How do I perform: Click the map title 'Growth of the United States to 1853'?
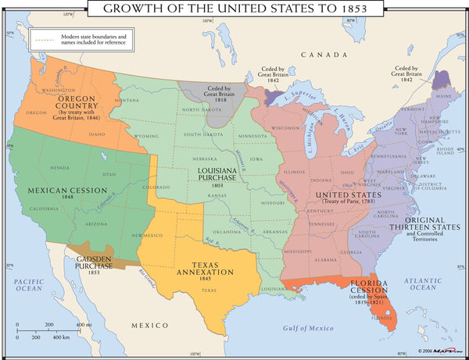point(234,9)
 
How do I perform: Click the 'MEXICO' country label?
point(149,323)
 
